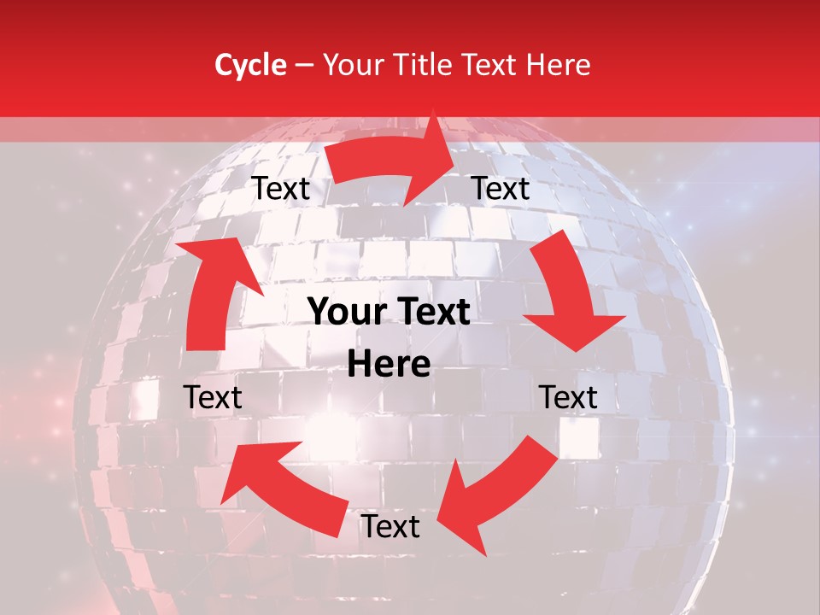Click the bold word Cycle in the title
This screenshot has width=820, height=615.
click(250, 65)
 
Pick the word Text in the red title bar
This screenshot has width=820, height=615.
click(492, 65)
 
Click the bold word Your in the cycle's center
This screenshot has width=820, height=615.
click(344, 313)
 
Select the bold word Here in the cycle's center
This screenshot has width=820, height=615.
click(389, 365)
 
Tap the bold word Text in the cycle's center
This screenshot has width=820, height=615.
click(436, 313)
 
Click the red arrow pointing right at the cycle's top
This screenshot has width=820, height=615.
click(393, 162)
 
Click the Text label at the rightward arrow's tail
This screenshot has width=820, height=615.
click(281, 189)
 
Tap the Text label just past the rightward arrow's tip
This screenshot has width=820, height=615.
click(501, 188)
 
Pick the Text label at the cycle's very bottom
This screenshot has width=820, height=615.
click(390, 526)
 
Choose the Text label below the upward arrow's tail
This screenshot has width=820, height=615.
click(213, 397)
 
